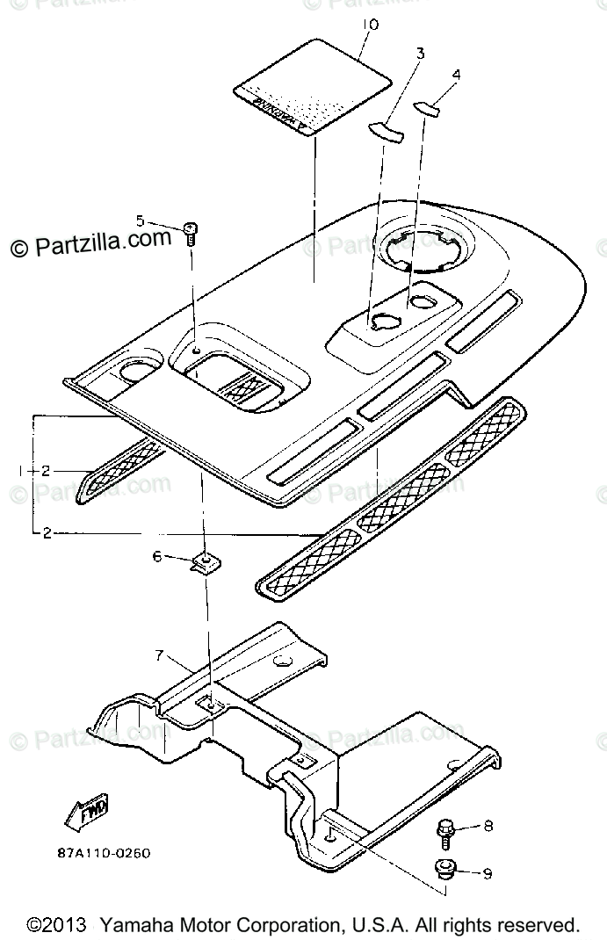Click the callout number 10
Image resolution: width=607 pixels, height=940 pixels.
tap(370, 25)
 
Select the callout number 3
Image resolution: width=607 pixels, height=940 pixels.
tap(420, 54)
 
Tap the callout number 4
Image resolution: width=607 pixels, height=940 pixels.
tap(455, 76)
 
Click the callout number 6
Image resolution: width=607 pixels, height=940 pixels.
tap(157, 556)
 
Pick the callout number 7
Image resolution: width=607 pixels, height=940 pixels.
tap(159, 654)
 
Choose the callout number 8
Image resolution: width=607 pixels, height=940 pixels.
tap(488, 826)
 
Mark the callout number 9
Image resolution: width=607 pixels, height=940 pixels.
tap(488, 873)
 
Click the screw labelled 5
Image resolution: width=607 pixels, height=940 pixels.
tap(192, 233)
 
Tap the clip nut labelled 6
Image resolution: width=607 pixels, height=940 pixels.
tap(206, 561)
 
